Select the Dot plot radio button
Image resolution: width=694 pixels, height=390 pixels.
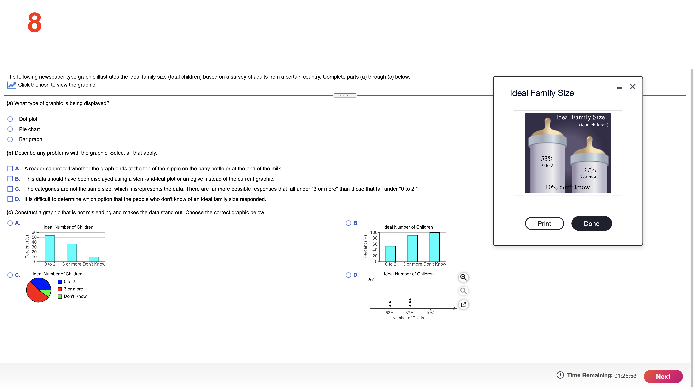point(10,119)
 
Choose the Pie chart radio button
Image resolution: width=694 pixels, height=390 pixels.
point(10,129)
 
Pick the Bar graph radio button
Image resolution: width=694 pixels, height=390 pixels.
point(10,139)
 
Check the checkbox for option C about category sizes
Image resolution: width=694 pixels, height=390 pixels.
point(10,189)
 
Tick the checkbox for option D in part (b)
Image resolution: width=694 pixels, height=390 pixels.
point(10,199)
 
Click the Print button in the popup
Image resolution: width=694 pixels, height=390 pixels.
point(544,223)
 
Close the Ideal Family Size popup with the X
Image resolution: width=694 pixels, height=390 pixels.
point(633,87)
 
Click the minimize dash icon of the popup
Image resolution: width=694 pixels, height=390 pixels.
point(619,87)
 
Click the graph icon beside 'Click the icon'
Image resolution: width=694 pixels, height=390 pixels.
point(11,85)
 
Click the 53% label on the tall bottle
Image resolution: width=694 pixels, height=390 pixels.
point(547,159)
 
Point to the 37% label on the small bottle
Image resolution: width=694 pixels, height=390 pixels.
point(589,170)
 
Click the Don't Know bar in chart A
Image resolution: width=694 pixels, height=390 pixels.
point(94,259)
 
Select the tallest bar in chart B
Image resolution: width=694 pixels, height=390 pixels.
point(434,247)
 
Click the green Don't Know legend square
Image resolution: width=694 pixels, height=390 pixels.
point(60,296)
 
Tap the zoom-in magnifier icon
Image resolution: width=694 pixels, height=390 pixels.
point(463,277)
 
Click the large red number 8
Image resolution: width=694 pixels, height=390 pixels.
point(34,23)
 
